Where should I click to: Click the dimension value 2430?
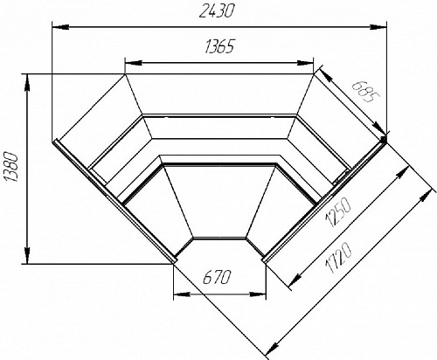(217, 12)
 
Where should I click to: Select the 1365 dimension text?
(219, 46)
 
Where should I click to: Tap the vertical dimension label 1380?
(12, 167)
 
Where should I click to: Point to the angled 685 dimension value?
(362, 92)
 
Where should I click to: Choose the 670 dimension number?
(217, 277)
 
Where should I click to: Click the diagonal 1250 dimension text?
(339, 211)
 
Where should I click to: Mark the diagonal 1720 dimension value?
(339, 259)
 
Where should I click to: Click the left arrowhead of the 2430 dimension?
(60, 27)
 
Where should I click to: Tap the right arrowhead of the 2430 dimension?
(378, 27)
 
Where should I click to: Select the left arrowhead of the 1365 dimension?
(133, 63)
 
